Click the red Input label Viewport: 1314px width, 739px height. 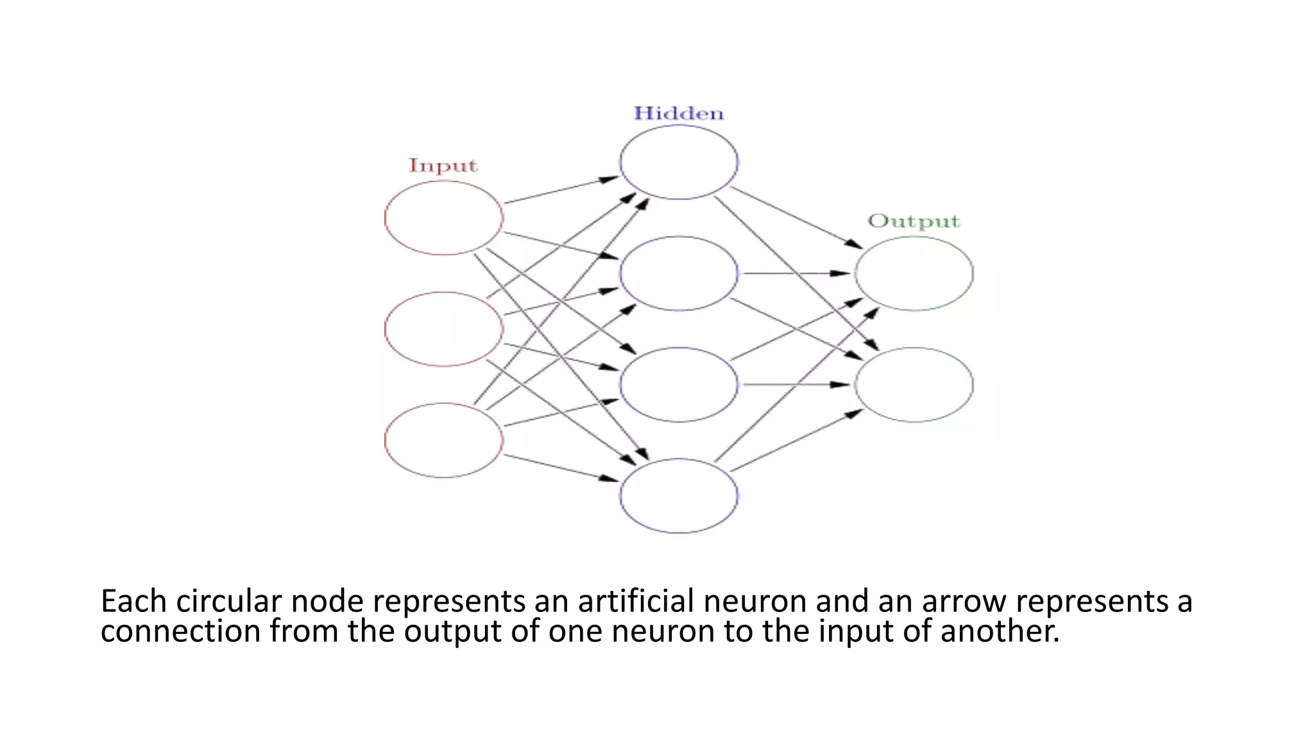pos(443,166)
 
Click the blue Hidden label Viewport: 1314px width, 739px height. pos(679,114)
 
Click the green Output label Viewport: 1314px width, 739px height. pos(914,221)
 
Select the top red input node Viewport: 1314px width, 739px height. pos(444,218)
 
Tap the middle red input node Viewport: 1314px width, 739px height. pos(444,329)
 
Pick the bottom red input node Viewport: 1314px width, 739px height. pos(444,440)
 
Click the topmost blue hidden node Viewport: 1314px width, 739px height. pos(679,162)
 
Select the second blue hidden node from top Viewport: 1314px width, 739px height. pos(679,273)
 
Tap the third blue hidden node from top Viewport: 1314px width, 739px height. pos(679,384)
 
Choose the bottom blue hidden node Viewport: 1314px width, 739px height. pos(679,495)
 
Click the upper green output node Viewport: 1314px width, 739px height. pos(914,273)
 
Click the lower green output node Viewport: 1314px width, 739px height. pos(914,384)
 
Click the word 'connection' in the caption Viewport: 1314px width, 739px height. pos(180,631)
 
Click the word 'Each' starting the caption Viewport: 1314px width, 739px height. pos(133,602)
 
